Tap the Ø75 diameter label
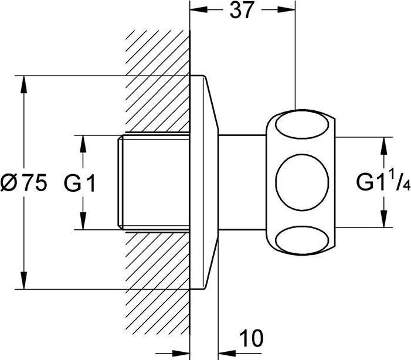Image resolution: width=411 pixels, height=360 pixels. click(x=24, y=184)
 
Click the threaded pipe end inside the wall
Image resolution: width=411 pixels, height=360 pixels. click(x=152, y=183)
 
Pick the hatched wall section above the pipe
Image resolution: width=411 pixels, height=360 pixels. click(x=155, y=82)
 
